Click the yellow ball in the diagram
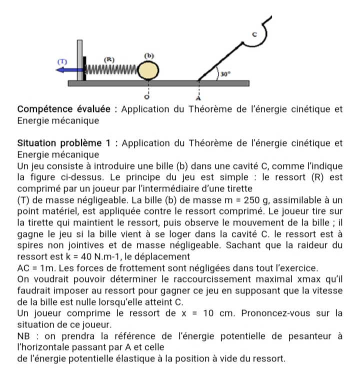(148, 70)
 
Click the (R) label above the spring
(108, 58)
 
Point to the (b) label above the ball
(148, 54)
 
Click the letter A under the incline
(199, 96)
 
